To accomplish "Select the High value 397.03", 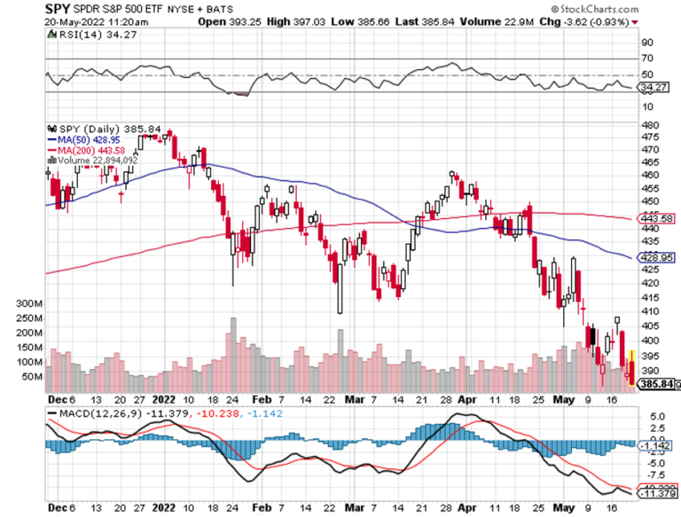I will click(x=298, y=20).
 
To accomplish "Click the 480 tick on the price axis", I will click(x=649, y=124).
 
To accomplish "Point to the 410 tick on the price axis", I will click(x=649, y=312).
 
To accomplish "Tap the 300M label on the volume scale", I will click(x=29, y=303).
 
